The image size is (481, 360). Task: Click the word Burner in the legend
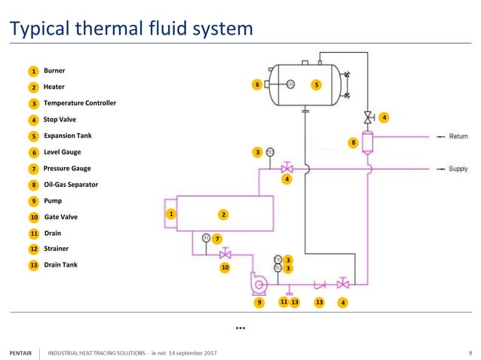pyautogui.click(x=55, y=70)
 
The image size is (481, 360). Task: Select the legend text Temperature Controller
pyautogui.click(x=80, y=102)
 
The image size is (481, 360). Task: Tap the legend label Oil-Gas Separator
pyautogui.click(x=71, y=184)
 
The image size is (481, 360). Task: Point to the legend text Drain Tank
pyautogui.click(x=60, y=264)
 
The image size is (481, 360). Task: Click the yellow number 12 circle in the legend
pyautogui.click(x=34, y=249)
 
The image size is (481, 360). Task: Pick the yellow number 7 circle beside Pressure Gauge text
pyautogui.click(x=34, y=169)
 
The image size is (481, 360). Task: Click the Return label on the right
pyautogui.click(x=458, y=136)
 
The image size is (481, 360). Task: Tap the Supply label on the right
pyautogui.click(x=458, y=169)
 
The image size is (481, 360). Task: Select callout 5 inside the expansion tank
pyautogui.click(x=317, y=85)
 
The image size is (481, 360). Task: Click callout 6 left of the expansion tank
pyautogui.click(x=257, y=85)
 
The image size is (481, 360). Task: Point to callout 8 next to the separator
pyautogui.click(x=352, y=142)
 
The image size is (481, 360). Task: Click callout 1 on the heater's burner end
pyautogui.click(x=171, y=215)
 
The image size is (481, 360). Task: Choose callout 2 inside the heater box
pyautogui.click(x=223, y=215)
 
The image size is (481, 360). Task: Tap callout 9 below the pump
pyautogui.click(x=259, y=302)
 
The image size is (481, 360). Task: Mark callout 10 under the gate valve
pyautogui.click(x=225, y=266)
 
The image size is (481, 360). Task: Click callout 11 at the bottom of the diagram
pyautogui.click(x=283, y=302)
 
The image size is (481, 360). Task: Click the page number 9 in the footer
pyautogui.click(x=470, y=352)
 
